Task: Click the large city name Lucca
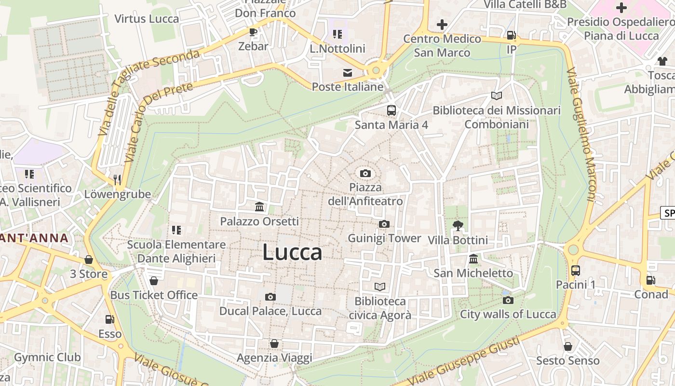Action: (x=292, y=252)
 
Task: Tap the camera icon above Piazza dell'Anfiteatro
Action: (x=365, y=173)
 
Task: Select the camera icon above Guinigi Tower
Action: (x=384, y=224)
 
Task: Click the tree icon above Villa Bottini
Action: (x=458, y=225)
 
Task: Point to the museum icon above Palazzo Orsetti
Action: (x=259, y=207)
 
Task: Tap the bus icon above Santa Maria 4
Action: (x=391, y=110)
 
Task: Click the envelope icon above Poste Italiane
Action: (x=347, y=73)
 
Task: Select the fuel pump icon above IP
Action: (x=511, y=35)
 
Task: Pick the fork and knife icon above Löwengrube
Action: (x=117, y=180)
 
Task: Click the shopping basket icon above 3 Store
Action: (x=89, y=260)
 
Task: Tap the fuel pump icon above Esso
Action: (x=110, y=319)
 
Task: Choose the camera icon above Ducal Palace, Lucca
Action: (x=270, y=297)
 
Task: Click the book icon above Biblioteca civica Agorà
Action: (x=380, y=287)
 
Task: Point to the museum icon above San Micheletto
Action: (x=473, y=259)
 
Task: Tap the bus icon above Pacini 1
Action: (x=575, y=270)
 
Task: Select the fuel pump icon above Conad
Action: (x=650, y=280)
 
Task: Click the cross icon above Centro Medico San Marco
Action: (x=442, y=24)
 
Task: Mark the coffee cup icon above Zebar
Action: (x=253, y=32)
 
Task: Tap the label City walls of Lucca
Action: (x=508, y=314)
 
